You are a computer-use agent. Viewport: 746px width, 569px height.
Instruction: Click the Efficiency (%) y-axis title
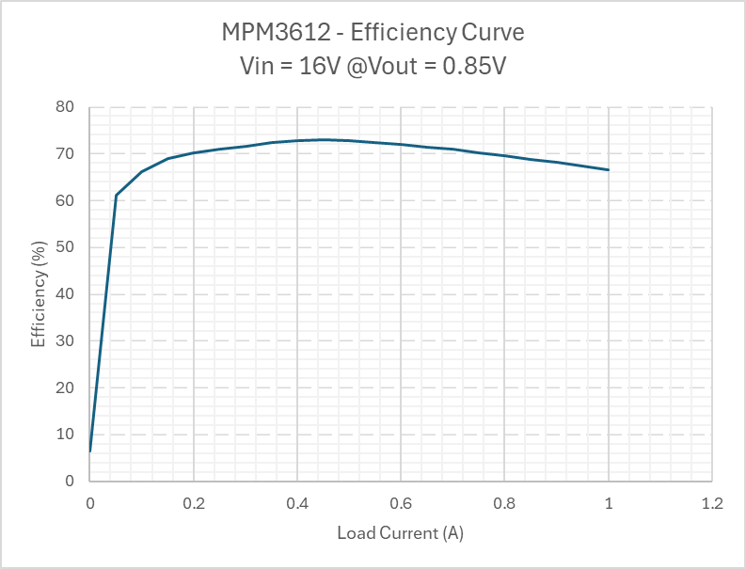(39, 293)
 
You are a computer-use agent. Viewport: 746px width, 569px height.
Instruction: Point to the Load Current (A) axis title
(401, 533)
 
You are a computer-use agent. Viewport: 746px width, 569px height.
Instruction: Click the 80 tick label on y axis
(66, 107)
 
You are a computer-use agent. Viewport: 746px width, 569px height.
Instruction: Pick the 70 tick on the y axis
(66, 153)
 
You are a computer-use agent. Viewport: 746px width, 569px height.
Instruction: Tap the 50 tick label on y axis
(66, 247)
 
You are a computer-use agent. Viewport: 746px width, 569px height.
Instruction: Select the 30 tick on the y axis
(66, 340)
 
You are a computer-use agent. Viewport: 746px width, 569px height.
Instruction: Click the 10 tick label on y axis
(66, 434)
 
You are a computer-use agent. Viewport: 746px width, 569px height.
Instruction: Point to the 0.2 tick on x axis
(193, 504)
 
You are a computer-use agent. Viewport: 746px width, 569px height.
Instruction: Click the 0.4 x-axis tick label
(297, 504)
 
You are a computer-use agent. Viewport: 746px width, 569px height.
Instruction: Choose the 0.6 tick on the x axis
(401, 504)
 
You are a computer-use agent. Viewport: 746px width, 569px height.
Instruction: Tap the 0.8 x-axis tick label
(504, 504)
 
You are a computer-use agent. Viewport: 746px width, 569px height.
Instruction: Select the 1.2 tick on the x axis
(712, 504)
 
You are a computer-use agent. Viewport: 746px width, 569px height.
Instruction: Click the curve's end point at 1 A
(609, 170)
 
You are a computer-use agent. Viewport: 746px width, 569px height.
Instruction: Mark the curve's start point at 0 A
(90, 451)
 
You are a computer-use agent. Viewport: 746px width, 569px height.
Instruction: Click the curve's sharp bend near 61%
(116, 196)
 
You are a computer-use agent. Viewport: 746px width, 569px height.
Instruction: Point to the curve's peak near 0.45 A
(324, 139)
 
